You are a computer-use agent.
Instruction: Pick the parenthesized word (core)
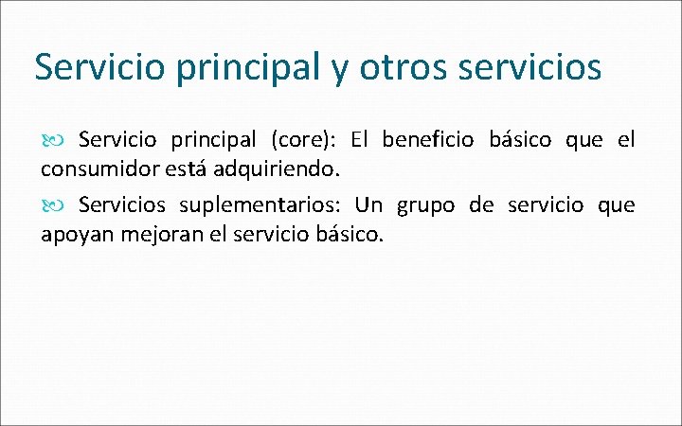point(300,141)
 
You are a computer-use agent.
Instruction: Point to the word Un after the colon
point(369,205)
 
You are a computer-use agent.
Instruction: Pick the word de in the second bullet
point(481,205)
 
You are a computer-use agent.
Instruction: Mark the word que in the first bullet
point(583,141)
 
